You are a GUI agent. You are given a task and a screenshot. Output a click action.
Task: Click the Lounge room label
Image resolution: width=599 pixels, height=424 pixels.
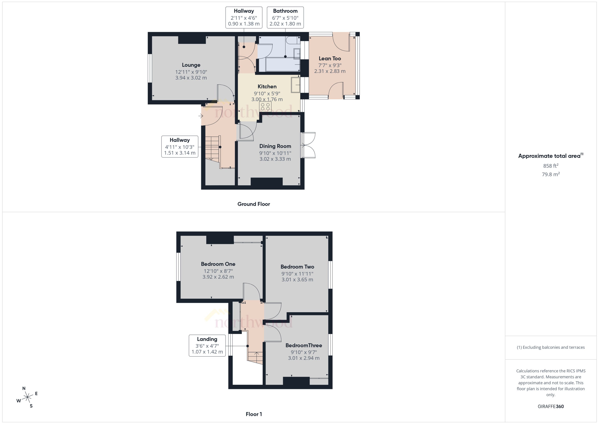coord(191,65)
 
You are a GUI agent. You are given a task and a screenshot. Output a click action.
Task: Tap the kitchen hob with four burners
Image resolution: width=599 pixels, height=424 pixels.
coord(265,106)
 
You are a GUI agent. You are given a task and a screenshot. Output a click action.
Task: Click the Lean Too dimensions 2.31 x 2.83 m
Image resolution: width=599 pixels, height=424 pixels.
coord(330,71)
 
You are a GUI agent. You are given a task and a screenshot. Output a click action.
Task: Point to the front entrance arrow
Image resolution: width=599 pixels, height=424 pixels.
coord(201,116)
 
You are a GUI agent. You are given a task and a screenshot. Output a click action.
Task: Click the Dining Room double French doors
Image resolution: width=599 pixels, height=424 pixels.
coord(308,145)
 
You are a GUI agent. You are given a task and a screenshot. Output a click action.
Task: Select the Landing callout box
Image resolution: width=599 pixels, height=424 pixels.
coord(207,345)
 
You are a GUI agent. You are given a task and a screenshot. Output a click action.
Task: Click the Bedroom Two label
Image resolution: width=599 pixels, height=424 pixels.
coord(297,267)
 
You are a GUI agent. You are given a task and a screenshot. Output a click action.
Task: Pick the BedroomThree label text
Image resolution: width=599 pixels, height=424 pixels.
coord(304,345)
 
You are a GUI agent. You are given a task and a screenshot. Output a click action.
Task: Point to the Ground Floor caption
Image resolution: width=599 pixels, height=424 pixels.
coord(253,204)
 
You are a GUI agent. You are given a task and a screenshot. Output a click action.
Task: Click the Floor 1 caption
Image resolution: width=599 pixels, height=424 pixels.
coord(253,414)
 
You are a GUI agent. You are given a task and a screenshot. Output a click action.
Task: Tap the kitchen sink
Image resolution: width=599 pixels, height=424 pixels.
coord(296,85)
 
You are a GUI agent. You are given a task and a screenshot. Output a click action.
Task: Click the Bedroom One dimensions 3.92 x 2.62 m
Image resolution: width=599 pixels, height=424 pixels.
coord(218,277)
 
